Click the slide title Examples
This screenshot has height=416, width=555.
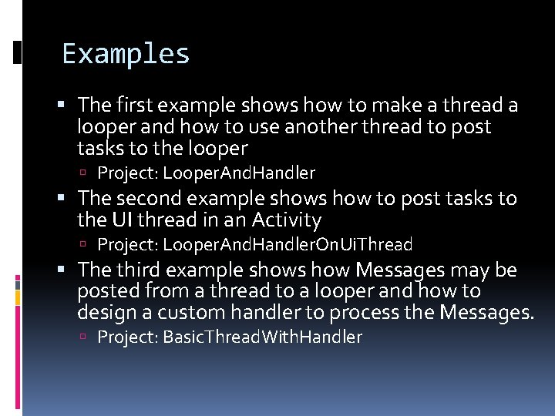tap(126, 54)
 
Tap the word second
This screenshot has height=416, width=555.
tap(152, 199)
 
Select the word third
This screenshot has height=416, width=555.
tap(138, 270)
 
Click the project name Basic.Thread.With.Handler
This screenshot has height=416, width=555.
tap(262, 337)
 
